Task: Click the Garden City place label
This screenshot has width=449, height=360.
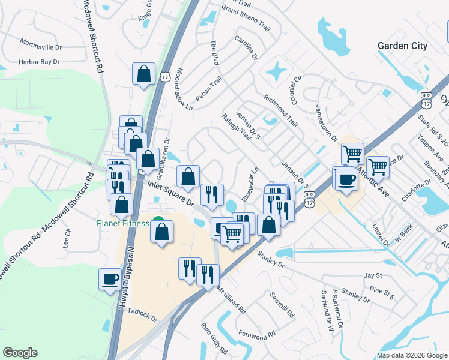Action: [x=402, y=46]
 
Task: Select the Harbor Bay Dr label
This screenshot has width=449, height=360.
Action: [x=39, y=61]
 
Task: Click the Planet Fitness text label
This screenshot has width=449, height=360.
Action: [x=123, y=224]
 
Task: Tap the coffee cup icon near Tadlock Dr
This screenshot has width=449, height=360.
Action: [x=110, y=280]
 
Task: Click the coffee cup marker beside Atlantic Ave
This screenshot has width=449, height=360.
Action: [x=346, y=179]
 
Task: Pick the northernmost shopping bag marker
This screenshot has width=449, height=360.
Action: [x=144, y=74]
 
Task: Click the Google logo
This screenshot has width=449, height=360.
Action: [x=20, y=353]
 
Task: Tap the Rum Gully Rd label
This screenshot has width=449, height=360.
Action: [x=214, y=338]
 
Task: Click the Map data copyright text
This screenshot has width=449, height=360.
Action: [x=412, y=355]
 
